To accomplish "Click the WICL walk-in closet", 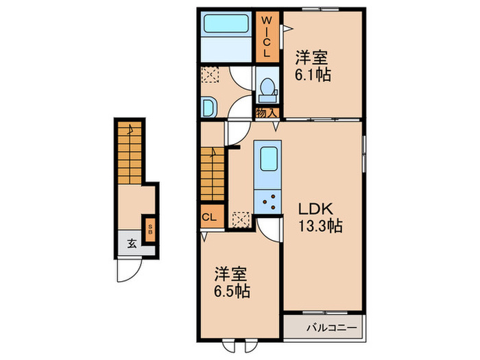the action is pos(267,37).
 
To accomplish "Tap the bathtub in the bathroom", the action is pos(226,23).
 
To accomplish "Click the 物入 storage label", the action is pos(267,113).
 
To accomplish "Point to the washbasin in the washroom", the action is pos(209,107).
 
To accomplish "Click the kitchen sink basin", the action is pos(269,159).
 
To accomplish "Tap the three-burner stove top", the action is pos(268,202).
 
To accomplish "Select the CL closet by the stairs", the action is pos(213,217).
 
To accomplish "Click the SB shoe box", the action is pos(150,229).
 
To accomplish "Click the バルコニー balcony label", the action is pos(332,328).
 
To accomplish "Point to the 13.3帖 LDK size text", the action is pos(320,227).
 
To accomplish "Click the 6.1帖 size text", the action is pos(313,74).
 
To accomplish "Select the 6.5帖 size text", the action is pos(232,291).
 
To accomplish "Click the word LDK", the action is pos(315,209).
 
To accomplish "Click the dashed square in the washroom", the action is pos(210,74).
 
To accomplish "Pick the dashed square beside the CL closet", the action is pos(241,219).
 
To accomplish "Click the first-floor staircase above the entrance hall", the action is pos(130,152).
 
